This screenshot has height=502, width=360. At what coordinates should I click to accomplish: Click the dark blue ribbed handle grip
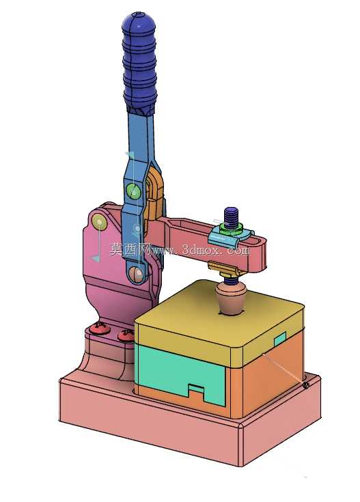coord(139,62)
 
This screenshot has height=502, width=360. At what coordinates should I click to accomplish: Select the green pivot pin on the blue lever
coord(133,191)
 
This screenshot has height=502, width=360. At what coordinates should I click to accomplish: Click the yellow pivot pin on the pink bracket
coord(99,221)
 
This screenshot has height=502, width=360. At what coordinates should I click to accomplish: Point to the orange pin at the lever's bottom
coord(137,274)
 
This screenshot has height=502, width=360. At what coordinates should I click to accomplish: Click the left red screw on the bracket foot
coord(100,329)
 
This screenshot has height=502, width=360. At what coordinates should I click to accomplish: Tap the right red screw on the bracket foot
coord(126,335)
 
